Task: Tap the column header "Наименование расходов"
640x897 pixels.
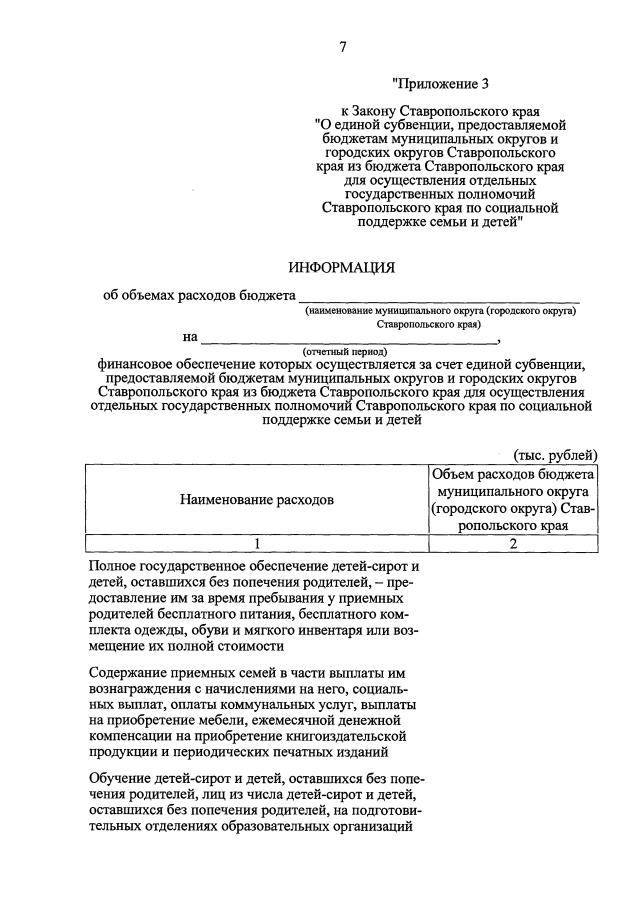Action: [x=257, y=499]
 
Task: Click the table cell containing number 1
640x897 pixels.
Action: [x=257, y=543]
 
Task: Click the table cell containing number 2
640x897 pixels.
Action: [x=513, y=543]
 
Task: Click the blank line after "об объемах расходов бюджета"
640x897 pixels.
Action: [x=440, y=298]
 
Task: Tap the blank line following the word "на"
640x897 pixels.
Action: [x=310, y=337]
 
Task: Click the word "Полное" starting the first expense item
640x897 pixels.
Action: [x=113, y=567]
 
